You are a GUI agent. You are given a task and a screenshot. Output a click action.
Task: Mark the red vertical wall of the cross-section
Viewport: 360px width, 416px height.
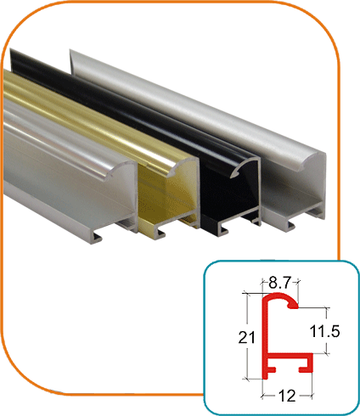click(266, 340)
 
